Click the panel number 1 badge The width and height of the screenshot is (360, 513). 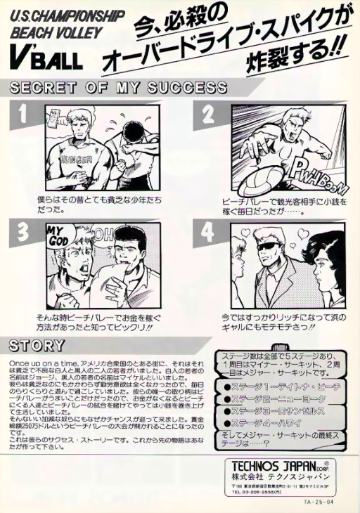click(24, 112)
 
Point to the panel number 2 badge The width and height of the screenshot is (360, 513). click(208, 113)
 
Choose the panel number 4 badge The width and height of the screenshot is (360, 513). click(208, 233)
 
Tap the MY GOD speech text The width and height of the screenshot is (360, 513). click(58, 236)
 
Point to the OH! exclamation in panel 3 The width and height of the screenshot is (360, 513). click(103, 234)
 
